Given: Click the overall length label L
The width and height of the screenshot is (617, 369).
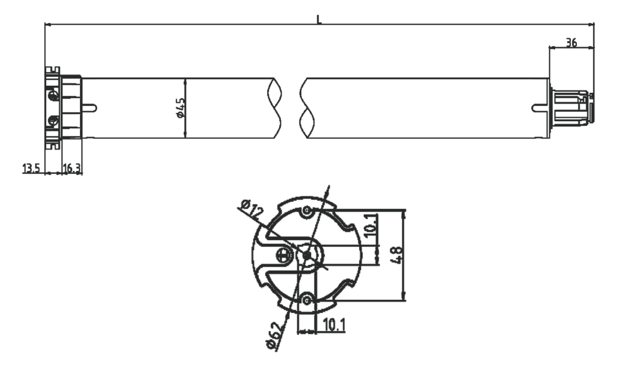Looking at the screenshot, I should [x=319, y=19].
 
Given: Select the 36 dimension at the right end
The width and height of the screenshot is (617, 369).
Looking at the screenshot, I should [x=571, y=43].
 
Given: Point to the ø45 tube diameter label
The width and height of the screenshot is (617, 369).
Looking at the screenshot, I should [x=180, y=108].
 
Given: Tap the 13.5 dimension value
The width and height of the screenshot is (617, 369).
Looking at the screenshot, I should [x=31, y=169].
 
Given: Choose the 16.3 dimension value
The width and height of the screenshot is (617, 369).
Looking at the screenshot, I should [x=72, y=169].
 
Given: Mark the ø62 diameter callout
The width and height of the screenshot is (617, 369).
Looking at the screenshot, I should [x=273, y=336].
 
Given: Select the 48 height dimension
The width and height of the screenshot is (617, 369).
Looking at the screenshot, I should [x=397, y=255].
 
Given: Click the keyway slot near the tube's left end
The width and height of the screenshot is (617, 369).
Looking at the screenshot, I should [x=89, y=108].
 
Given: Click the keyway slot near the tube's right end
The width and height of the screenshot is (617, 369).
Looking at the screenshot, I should [x=540, y=108].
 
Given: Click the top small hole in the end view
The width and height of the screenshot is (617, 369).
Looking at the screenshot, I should [x=306, y=211].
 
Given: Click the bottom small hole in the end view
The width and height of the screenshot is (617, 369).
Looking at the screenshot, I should [x=306, y=301].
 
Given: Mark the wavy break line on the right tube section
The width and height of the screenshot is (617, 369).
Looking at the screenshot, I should [x=305, y=108].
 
